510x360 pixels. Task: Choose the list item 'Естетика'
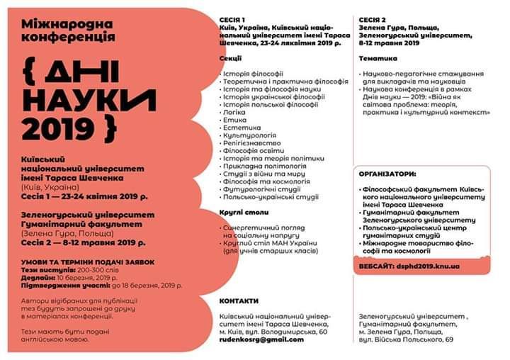[x=239, y=128]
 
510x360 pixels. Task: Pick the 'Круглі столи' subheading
[x=242, y=212]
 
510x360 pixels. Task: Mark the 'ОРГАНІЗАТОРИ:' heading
[x=387, y=173]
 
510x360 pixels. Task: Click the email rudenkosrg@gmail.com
[x=261, y=339]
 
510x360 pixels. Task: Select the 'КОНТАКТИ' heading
[x=239, y=300]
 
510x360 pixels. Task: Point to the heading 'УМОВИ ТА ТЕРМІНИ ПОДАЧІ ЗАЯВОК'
[x=88, y=262]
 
